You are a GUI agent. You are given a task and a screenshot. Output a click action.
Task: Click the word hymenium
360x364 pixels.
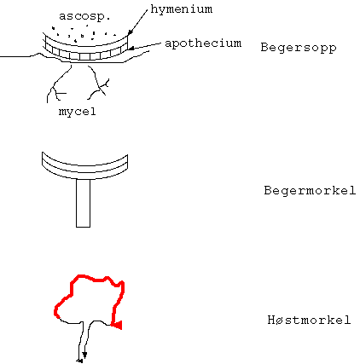(182, 9)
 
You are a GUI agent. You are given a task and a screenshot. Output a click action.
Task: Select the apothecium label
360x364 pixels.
(203, 43)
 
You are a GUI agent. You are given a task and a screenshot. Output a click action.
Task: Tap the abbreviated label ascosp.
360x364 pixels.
(84, 16)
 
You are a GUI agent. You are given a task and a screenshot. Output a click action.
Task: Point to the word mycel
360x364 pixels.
(78, 112)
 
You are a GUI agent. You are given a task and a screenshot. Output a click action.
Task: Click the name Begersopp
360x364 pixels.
(299, 48)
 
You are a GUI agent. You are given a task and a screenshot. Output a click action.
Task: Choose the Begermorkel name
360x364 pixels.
(310, 190)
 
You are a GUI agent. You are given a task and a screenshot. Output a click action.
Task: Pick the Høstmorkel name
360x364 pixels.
(309, 320)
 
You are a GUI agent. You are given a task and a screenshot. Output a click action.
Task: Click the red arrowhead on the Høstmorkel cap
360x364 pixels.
(117, 325)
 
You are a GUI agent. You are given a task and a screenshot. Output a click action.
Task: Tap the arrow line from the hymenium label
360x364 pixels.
(137, 22)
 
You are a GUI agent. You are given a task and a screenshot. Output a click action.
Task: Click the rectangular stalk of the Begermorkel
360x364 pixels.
(83, 203)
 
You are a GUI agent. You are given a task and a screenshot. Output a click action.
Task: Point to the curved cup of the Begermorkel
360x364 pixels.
(84, 170)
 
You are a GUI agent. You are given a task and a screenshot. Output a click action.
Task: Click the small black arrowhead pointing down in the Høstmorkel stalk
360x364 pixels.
(84, 355)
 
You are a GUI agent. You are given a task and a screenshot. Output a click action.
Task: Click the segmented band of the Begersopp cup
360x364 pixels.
(84, 55)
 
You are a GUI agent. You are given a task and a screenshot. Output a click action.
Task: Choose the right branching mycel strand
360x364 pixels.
(98, 84)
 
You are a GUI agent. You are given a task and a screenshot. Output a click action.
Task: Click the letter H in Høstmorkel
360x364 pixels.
(271, 320)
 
